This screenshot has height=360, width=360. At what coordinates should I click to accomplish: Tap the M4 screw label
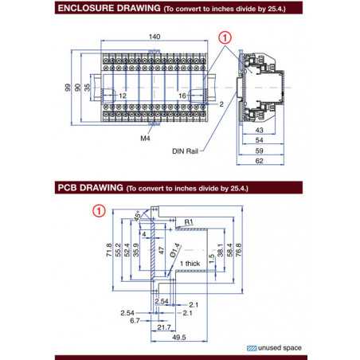tap(146, 138)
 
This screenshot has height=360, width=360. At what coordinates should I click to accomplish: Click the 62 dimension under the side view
tap(260, 162)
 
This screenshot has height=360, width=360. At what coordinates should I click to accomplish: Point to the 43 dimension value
tap(260, 131)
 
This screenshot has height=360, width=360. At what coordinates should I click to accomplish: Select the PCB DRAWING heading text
tap(88, 190)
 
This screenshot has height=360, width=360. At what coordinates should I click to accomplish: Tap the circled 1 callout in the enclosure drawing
tap(225, 37)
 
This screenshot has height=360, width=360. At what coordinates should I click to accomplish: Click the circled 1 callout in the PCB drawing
tap(98, 211)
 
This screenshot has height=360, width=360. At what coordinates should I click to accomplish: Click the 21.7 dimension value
tap(165, 327)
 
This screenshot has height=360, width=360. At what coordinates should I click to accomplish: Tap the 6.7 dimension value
tap(136, 320)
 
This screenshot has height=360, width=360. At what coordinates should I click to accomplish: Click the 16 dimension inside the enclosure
tap(182, 95)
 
